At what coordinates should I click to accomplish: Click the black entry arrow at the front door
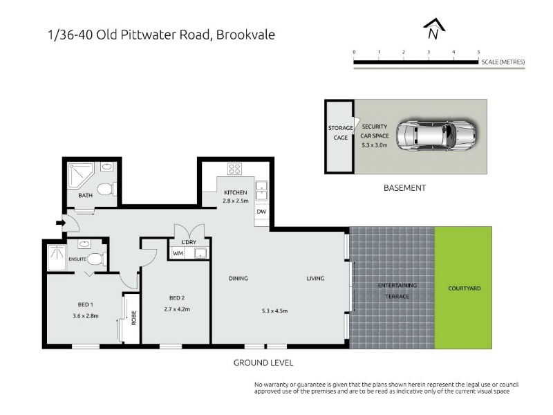tap(61, 223)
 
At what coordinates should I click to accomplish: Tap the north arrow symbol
tap(434, 29)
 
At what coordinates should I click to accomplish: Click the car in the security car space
tap(436, 136)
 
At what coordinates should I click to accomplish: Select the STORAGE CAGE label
tap(340, 133)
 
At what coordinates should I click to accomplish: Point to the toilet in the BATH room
tap(106, 189)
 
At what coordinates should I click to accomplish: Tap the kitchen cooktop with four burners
tap(234, 169)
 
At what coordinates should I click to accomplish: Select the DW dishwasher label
tap(261, 212)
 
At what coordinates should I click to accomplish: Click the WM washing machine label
tap(178, 253)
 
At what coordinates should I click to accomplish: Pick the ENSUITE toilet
tap(96, 259)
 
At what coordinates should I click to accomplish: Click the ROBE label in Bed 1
tap(133, 318)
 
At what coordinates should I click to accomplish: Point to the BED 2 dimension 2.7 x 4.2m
tap(177, 309)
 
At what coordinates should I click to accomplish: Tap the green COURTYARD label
tap(464, 288)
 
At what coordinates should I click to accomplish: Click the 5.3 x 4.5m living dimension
tap(274, 311)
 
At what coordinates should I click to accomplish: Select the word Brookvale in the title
tap(245, 35)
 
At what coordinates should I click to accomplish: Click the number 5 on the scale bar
tap(478, 53)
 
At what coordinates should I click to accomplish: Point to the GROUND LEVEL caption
tap(263, 362)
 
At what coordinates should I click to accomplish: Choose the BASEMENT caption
tap(404, 187)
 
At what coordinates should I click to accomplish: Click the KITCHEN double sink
tap(262, 190)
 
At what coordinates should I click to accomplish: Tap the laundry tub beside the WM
tap(200, 253)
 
